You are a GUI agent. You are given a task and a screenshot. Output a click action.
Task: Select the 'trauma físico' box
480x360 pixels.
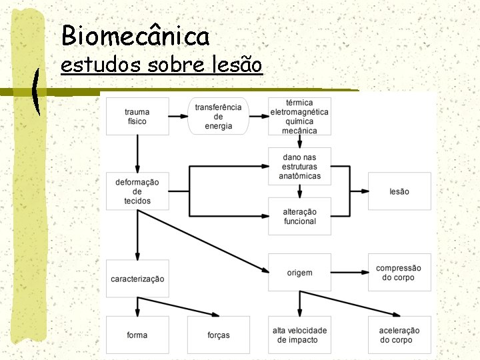[x=137, y=117]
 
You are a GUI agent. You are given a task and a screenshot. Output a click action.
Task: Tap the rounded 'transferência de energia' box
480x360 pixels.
[x=218, y=117]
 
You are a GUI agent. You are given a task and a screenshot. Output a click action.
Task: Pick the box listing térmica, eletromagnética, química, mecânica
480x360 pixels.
[x=299, y=117]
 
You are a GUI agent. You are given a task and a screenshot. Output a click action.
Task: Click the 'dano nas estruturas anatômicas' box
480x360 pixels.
[x=299, y=167]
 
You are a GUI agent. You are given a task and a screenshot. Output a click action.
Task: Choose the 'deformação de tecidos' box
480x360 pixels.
[x=137, y=191]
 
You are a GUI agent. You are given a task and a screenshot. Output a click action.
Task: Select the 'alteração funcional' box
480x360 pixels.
[x=299, y=216]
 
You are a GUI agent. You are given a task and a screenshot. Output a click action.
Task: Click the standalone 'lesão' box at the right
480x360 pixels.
[x=399, y=191]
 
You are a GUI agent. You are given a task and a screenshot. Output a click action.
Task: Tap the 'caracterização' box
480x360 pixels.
[x=137, y=279]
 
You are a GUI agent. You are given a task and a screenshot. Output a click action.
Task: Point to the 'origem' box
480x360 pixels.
[x=299, y=273]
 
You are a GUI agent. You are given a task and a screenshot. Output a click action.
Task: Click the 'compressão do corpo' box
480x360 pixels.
[x=399, y=273]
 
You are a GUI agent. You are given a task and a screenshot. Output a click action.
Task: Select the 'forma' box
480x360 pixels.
[x=137, y=335]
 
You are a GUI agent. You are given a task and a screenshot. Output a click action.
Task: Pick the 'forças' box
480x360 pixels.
[x=218, y=335]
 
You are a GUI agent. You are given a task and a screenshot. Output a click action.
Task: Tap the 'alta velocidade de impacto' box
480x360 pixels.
[x=299, y=335]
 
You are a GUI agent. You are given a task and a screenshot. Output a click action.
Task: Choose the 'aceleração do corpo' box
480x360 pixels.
[x=399, y=335]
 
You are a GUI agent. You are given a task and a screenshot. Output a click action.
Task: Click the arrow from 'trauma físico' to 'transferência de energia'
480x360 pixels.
[x=178, y=117]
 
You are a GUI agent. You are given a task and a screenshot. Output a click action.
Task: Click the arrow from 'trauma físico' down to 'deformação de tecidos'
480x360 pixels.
[x=137, y=153]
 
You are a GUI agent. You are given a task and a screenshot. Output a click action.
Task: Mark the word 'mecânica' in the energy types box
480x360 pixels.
[x=299, y=131]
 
